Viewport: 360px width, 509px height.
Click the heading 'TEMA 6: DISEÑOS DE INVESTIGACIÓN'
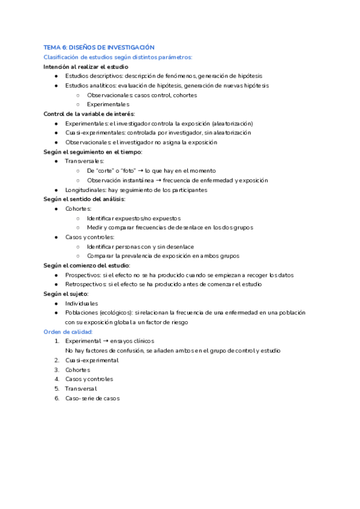coord(99,47)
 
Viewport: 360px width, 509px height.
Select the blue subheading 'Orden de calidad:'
coord(68,331)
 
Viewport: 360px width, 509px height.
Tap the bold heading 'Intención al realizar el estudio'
coord(86,66)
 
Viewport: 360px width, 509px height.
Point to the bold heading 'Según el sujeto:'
coord(66,294)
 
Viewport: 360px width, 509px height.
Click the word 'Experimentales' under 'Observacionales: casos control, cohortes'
coord(108,104)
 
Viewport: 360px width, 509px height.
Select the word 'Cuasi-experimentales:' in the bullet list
coord(91,133)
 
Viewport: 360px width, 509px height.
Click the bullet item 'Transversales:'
coord(84,161)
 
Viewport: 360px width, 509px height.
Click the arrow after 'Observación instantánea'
coord(162,180)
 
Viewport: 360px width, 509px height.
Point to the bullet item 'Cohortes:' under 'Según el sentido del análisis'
coord(78,208)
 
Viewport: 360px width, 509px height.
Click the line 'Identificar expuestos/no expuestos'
coord(133,218)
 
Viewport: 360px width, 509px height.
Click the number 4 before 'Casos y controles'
coord(57,379)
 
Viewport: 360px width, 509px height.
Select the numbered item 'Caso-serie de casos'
coord(92,398)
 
